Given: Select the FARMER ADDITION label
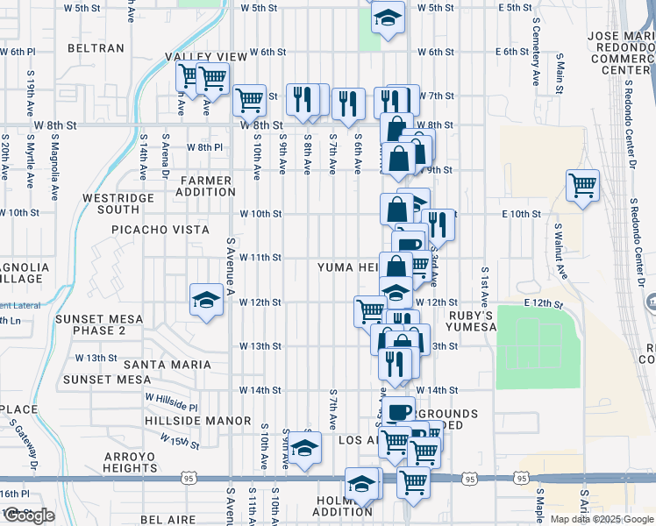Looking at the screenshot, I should pos(207,186).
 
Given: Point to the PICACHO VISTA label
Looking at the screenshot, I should pos(160,230).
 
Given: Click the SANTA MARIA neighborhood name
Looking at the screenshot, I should pos(167,364).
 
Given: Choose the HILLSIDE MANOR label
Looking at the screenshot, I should pos(199,421).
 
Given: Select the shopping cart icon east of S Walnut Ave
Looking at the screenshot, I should pos(582,186).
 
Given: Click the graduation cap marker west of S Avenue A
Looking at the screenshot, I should pos(206,300).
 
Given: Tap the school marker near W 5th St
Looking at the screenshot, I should pos(387,18).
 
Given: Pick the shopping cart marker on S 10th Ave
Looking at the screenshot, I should pos(250,100).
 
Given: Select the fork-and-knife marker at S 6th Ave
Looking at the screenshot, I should pos(349,103).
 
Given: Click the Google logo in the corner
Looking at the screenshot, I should pos(29,515).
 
